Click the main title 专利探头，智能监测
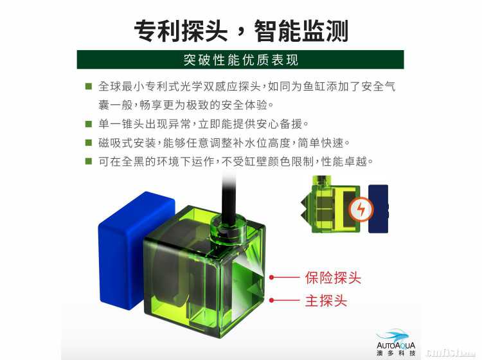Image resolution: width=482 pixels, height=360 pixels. tap(241, 31)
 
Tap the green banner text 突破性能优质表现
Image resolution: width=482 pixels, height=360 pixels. tap(241, 60)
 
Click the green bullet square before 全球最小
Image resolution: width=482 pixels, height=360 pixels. tap(89, 86)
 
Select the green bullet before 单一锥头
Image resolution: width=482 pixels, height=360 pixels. tap(89, 124)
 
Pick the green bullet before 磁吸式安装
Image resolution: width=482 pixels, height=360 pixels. tap(89, 143)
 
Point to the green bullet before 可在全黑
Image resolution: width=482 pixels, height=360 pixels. tap(89, 161)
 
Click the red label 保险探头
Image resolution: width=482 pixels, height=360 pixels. tap(333, 278)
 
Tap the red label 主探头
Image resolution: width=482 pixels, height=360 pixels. tap(326, 300)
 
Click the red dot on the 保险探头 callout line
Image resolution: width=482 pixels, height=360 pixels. tap(271, 277)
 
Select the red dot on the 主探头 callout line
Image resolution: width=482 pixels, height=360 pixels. tap(271, 300)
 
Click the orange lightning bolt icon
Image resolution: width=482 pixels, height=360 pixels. tap(361, 210)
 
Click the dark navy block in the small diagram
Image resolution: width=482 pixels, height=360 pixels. tap(379, 209)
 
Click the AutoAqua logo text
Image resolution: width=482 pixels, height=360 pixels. tap(396, 346)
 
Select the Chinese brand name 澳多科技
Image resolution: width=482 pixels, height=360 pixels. tap(396, 353)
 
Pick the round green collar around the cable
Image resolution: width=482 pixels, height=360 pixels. tap(228, 229)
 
